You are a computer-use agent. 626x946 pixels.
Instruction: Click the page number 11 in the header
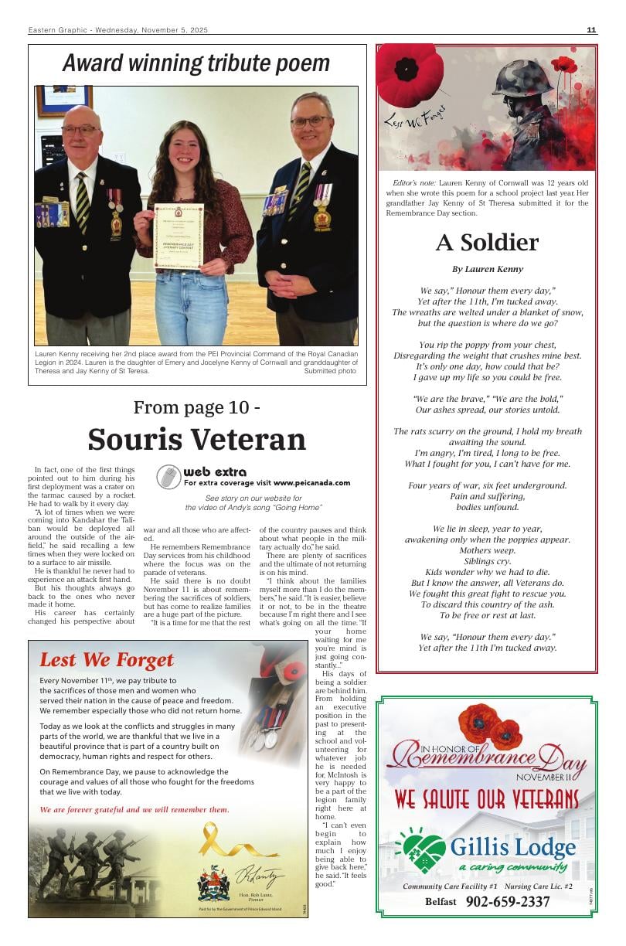[591, 30]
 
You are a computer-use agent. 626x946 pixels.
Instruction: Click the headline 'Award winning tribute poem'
[196, 63]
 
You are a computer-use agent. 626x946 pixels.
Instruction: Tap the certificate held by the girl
[178, 236]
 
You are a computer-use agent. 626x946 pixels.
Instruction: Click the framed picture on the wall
[63, 100]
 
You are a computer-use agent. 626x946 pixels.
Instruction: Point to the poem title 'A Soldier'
[487, 243]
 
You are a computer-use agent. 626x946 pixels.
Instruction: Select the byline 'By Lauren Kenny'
[487, 269]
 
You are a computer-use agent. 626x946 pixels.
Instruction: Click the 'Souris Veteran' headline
[196, 439]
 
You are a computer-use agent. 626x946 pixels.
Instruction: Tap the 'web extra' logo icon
[168, 477]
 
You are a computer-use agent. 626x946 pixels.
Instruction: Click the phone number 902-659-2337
[508, 902]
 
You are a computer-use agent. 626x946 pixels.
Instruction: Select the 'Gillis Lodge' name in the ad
[512, 847]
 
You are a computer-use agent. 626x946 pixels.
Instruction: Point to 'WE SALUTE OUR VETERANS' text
[487, 798]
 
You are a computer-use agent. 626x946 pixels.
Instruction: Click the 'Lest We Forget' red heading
[107, 660]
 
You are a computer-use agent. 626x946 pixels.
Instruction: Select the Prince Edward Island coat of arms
[213, 883]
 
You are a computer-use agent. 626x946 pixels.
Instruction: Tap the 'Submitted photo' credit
[330, 371]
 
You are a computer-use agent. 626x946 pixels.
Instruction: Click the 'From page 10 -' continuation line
[196, 407]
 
